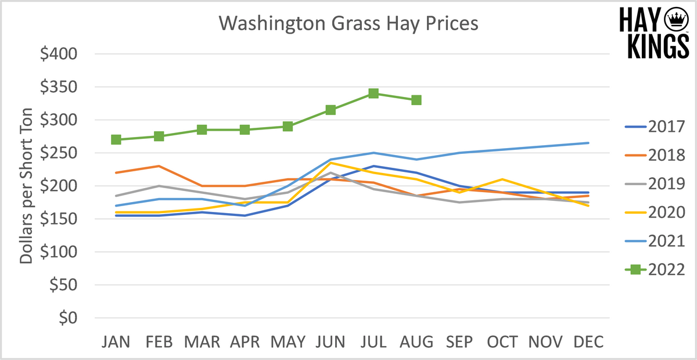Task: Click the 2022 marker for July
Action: point(373,93)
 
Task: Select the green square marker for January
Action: point(116,139)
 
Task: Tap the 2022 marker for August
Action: point(416,100)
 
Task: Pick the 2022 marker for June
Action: point(330,110)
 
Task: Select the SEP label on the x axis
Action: point(459,342)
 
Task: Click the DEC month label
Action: point(588,342)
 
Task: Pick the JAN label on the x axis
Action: point(116,342)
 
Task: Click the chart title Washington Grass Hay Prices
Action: point(348,24)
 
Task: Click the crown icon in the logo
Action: point(675,19)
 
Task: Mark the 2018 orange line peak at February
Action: point(159,166)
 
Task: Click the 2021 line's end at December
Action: point(588,143)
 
